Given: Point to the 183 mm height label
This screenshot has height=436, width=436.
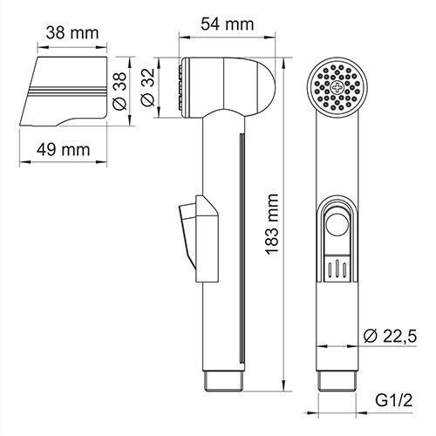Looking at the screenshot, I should [x=276, y=218].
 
